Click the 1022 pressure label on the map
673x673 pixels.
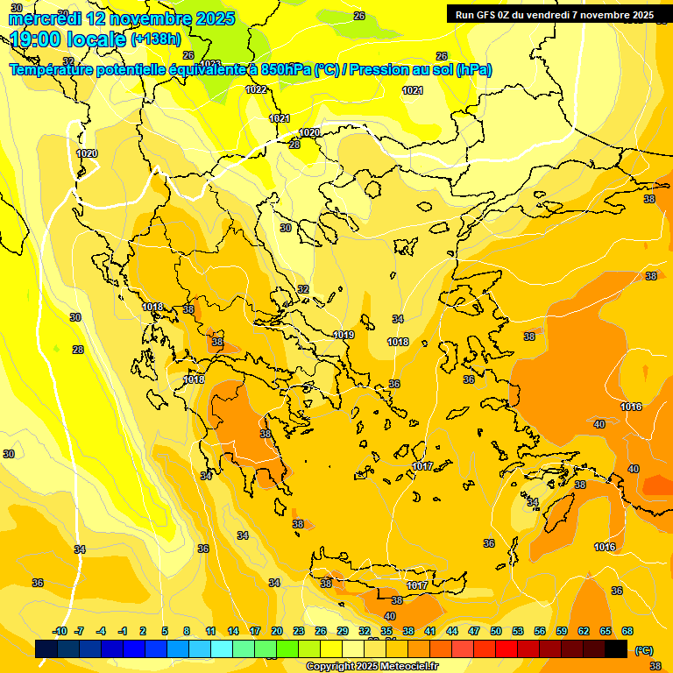[256, 89]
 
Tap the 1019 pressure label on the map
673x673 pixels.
[344, 335]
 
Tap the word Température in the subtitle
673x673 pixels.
[54, 70]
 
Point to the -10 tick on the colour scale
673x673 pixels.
[60, 631]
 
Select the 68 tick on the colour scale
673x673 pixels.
[627, 631]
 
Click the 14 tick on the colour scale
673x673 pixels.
[233, 631]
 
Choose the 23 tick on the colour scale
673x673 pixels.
[299, 631]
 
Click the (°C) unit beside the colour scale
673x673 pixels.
[643, 650]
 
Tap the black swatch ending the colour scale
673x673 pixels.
[616, 649]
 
